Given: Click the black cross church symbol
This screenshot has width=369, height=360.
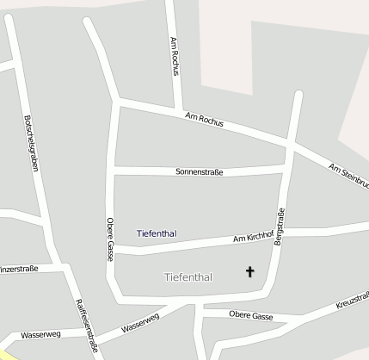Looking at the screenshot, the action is [x=250, y=271].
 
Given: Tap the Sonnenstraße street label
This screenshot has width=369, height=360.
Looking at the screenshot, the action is [x=199, y=172].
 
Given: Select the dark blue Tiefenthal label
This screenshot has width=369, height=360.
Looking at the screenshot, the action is [x=156, y=233].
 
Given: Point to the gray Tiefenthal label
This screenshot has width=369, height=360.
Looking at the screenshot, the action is [x=188, y=276].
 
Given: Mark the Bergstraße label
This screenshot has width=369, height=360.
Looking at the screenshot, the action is [x=280, y=227].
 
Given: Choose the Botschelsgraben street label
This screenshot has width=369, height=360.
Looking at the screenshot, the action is [x=33, y=142].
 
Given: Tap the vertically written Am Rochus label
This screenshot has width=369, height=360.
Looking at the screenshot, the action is [x=174, y=57].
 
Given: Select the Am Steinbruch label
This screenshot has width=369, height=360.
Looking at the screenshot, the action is [x=347, y=175].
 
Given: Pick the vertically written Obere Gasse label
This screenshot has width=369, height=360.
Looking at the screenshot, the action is [x=110, y=239].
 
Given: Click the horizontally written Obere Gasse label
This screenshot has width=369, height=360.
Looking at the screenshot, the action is [x=251, y=316].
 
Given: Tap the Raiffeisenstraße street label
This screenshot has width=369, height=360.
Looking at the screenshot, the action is [x=86, y=326].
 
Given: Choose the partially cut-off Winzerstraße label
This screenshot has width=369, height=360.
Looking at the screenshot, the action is [x=19, y=270].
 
